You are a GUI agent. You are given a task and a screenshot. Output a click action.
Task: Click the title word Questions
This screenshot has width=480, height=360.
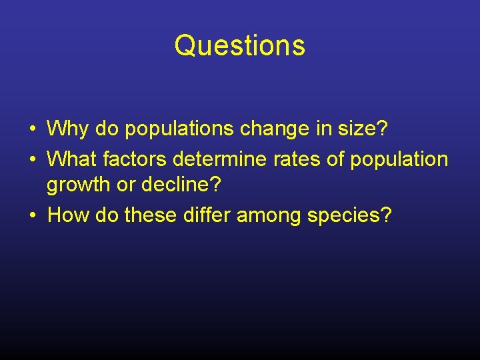(240, 46)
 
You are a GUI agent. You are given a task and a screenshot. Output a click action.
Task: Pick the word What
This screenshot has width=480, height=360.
(73, 159)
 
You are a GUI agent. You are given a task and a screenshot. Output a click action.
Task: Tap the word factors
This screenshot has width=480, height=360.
(135, 159)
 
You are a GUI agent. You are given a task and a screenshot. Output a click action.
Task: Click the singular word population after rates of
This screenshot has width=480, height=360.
(401, 159)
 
